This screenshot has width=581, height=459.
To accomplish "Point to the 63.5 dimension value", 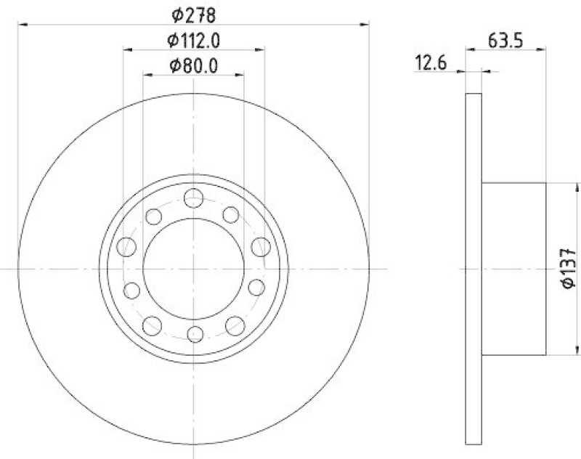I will click(505, 39).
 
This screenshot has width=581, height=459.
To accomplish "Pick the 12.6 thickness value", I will click(429, 64).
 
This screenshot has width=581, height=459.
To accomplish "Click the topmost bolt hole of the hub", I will click(193, 197).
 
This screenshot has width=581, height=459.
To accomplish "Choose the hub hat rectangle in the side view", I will click(513, 268).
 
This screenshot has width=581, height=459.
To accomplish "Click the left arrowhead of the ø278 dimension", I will click(21, 24).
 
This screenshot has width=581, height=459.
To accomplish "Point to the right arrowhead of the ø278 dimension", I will click(365, 24).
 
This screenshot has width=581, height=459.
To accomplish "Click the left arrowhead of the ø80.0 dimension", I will click(147, 74).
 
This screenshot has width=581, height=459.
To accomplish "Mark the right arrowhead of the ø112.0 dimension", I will click(260, 49).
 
